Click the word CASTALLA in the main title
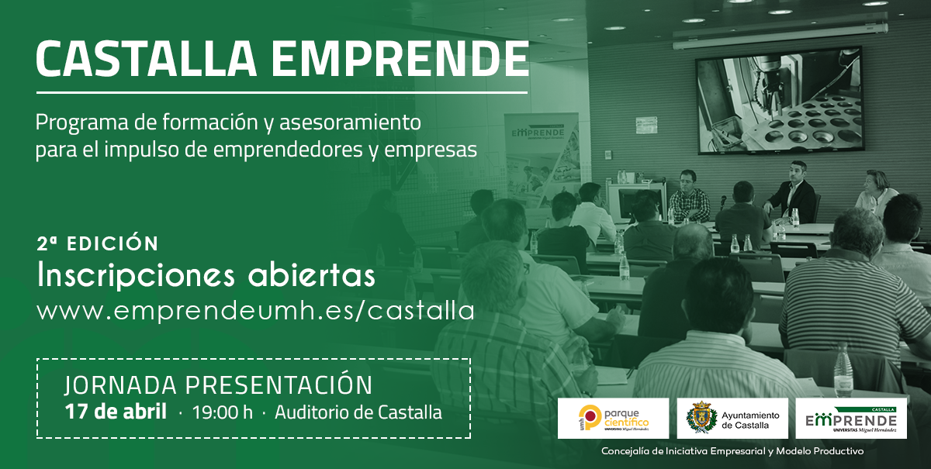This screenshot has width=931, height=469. point(147,59)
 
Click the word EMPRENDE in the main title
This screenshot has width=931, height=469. point(400,59)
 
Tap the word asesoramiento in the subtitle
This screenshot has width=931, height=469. point(350,122)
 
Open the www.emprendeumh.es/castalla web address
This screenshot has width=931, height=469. point(255,311)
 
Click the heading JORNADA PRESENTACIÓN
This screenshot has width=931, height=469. point(219,385)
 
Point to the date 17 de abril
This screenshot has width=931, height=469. point(116,412)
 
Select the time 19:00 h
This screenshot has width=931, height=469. point(223,412)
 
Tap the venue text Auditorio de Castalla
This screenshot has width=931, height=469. point(358,412)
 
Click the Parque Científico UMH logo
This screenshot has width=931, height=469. point(614,418)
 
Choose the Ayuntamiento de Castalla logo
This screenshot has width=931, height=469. point(732,418)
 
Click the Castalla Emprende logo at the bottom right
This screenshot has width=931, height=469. point(851,418)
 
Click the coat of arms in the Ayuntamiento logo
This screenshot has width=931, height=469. point(701,418)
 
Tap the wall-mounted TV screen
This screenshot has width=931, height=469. point(779,101)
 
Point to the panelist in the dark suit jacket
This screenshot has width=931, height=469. point(791,192)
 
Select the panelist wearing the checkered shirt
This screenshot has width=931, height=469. point(690,196)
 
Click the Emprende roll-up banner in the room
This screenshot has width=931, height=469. point(542,160)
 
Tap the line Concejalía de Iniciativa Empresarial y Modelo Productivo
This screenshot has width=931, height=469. point(732,451)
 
